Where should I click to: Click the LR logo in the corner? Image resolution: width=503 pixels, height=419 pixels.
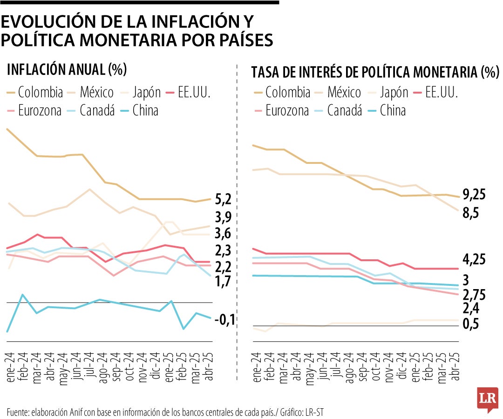coord(488,399)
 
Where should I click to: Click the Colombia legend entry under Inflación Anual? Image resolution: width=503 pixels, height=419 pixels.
coord(35,92)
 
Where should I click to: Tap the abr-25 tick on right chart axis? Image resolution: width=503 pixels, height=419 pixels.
coord(456,368)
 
